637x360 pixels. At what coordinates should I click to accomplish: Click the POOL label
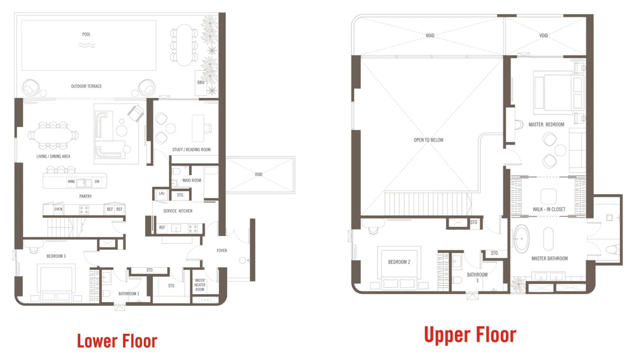[x=86, y=34]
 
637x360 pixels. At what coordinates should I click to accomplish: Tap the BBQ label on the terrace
[x=201, y=82]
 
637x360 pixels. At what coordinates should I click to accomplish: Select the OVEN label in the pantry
[x=58, y=209]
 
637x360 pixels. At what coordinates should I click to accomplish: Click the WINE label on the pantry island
[x=72, y=181]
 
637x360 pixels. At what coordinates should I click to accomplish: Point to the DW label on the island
[x=97, y=181]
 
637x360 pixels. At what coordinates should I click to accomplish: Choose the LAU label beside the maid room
[x=161, y=194]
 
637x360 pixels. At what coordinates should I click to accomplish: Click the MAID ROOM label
[x=192, y=180]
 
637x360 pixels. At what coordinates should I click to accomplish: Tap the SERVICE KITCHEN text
[x=178, y=211]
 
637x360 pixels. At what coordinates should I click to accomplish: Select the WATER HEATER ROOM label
[x=200, y=285]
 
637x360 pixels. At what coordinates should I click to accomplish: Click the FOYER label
[x=222, y=251]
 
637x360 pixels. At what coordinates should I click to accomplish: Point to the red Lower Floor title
[x=117, y=341]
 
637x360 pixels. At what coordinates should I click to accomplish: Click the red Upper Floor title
[x=470, y=335]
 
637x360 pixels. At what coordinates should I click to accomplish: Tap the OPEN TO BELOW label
[x=429, y=140]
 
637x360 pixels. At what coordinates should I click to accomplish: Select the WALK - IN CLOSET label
[x=549, y=209]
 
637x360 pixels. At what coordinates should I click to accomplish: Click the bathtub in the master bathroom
[x=521, y=239]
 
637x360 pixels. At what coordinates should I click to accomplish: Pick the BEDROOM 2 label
[x=399, y=262]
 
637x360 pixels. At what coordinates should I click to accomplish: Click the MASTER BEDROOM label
[x=546, y=125]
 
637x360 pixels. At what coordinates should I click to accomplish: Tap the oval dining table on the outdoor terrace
[x=184, y=45]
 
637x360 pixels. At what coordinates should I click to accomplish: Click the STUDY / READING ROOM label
[x=192, y=149]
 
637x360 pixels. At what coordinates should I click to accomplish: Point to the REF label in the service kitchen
[x=162, y=228]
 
